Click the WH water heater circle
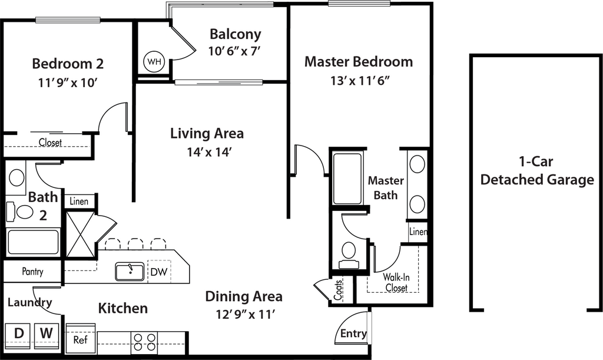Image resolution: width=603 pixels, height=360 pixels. click(x=154, y=61)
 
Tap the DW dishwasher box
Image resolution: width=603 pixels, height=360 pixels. click(x=158, y=272)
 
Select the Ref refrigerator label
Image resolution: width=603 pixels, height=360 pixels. click(x=80, y=341)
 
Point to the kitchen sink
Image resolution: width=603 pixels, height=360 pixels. click(x=129, y=271)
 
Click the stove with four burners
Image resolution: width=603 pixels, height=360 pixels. click(x=144, y=342)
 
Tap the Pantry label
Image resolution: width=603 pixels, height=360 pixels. click(x=32, y=272)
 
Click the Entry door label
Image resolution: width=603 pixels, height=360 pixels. click(x=353, y=333)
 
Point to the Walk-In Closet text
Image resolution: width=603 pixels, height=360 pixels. click(x=396, y=282)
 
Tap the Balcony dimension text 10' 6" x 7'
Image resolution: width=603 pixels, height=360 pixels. click(x=234, y=51)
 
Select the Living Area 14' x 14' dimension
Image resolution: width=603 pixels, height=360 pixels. click(x=207, y=152)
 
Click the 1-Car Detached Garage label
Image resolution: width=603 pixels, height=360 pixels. click(x=537, y=171)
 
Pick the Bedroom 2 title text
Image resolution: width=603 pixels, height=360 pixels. click(x=68, y=63)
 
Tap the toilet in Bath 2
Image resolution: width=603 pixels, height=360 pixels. click(x=24, y=210)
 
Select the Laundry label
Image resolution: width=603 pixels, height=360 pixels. click(x=30, y=302)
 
